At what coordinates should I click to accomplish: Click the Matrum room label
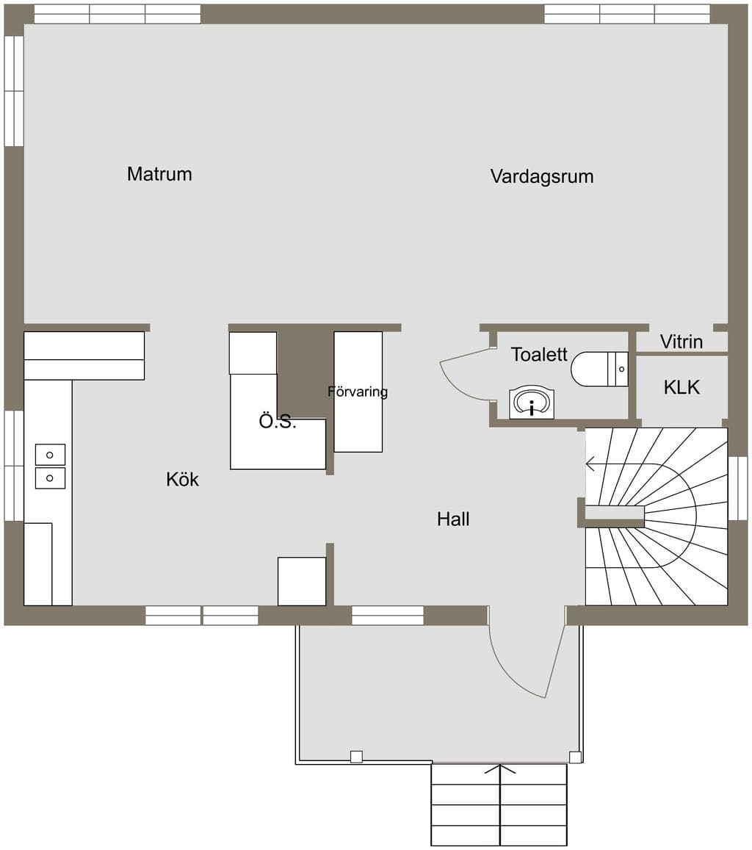pos(159,174)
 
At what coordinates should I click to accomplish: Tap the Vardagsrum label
pos(542,177)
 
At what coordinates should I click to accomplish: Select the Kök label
pos(182,479)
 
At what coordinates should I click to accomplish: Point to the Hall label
pos(453,519)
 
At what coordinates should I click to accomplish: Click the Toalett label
pos(539,355)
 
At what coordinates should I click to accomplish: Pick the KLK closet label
pos(681,387)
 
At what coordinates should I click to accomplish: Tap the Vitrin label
pos(681,342)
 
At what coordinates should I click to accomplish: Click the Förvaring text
pos(358,392)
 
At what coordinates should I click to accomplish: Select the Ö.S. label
pos(278,421)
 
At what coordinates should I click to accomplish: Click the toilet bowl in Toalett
pos(599,369)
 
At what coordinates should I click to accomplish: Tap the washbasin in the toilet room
pos(532,403)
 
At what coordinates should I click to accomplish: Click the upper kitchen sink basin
pos(50,455)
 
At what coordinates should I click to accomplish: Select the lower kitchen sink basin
pos(50,478)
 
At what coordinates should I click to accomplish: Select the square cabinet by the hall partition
pos(302,581)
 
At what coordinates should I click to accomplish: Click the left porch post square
pos(356,757)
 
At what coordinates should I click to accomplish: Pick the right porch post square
pos(575,757)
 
